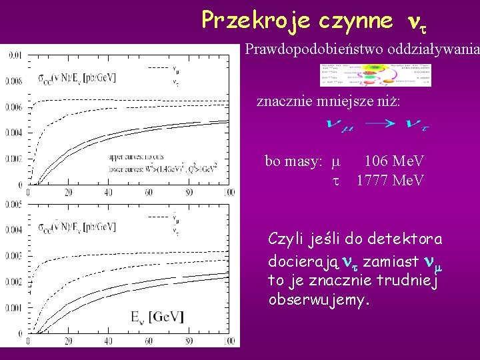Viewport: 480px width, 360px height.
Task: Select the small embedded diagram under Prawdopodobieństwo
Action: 375,75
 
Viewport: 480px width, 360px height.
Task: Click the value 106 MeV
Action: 393,161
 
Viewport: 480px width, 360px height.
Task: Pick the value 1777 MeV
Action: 389,180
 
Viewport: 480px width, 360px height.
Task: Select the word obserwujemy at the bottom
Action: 319,300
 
